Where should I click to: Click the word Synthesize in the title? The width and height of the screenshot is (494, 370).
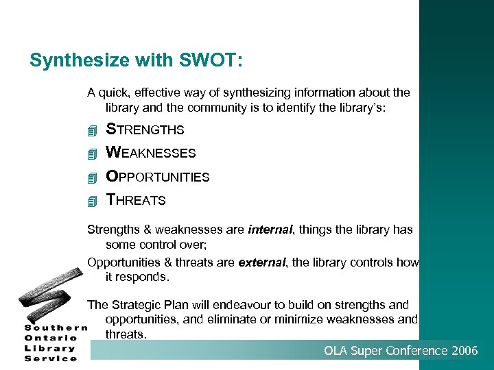(x=71, y=61)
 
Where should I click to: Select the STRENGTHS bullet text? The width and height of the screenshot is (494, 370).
(x=145, y=129)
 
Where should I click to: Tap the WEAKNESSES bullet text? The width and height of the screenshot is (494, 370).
(x=150, y=153)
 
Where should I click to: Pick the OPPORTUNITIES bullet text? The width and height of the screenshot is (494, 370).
(x=157, y=177)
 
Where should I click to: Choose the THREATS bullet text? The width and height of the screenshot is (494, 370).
(x=135, y=200)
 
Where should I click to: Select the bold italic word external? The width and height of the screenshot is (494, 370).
(x=260, y=262)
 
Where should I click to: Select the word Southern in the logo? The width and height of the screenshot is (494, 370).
(x=56, y=328)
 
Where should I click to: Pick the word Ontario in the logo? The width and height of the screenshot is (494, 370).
(x=51, y=337)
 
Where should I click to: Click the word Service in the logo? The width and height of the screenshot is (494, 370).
(x=51, y=358)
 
